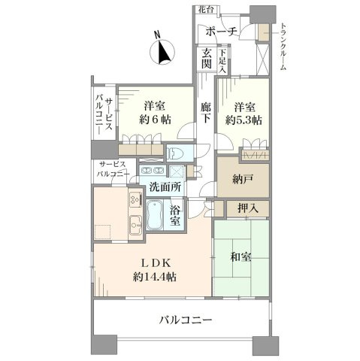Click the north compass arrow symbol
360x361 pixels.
coord(163,52)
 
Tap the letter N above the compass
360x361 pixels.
coord(157,35)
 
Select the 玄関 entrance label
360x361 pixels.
coord(207,59)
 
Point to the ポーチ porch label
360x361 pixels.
coord(221,32)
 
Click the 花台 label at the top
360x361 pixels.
coord(206,10)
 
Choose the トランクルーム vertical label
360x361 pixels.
coord(283,47)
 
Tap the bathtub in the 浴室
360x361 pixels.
coord(155,214)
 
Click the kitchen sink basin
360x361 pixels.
coord(135,224)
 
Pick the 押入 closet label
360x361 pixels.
coord(248,208)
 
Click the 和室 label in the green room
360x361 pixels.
coord(241,256)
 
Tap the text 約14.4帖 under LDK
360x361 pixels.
coord(155,277)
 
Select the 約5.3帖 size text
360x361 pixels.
coord(244,120)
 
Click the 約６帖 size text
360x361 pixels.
coord(155,120)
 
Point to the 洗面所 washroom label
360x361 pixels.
coord(165,187)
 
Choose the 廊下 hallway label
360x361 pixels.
coord(206,113)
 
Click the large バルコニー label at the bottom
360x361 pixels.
coord(186,320)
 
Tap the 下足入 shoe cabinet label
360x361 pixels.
coord(222,62)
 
